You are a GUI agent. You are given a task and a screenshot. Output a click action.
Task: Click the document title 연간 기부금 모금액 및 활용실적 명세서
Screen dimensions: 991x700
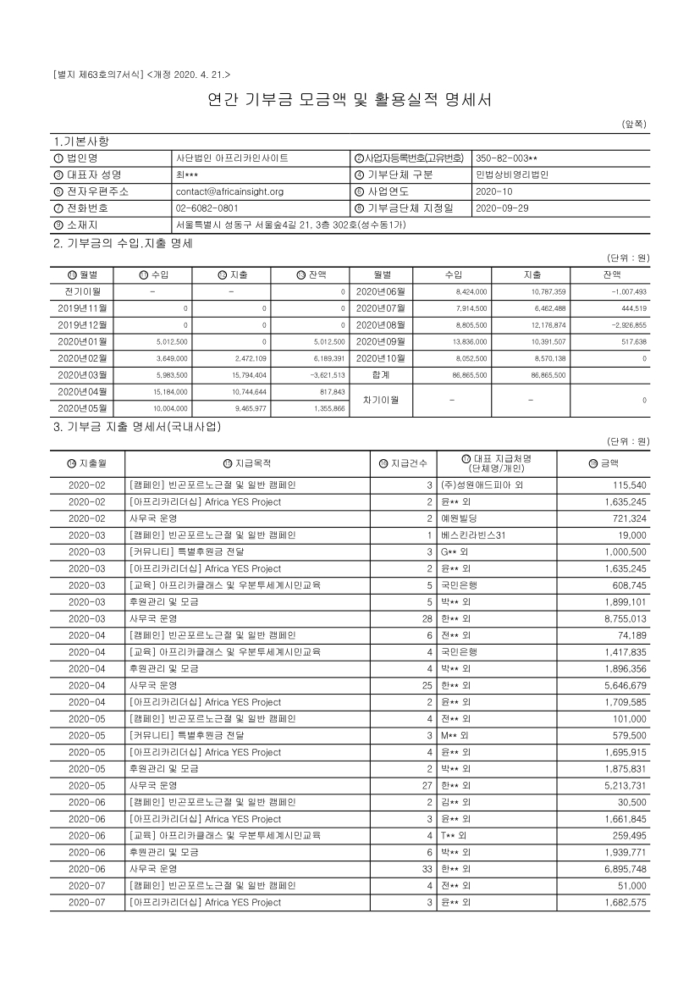(x=350, y=100)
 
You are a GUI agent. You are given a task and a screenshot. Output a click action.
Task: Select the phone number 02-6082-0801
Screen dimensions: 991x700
(x=207, y=208)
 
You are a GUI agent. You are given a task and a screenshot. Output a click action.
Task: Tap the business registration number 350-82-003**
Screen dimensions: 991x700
(x=507, y=158)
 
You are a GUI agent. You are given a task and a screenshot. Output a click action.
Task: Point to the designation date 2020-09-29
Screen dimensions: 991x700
(x=503, y=208)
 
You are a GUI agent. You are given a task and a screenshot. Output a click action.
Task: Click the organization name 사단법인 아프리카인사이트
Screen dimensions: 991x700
(x=232, y=158)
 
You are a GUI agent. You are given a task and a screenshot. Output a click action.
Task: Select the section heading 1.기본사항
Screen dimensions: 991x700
(x=81, y=141)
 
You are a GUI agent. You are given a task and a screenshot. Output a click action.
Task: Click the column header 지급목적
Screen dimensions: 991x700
(x=252, y=463)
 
